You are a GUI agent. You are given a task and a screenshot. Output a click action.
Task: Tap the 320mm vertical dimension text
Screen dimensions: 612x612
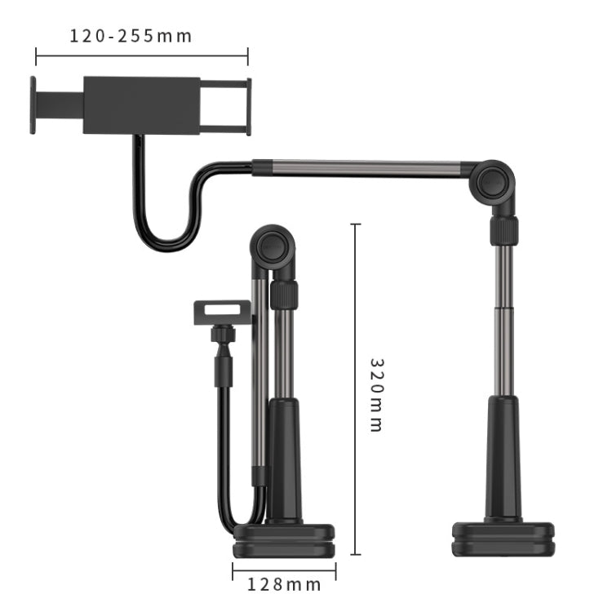[376, 394]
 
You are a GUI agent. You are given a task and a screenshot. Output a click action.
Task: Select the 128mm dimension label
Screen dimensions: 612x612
[285, 584]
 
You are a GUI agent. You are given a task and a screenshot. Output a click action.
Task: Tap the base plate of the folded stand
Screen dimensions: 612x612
[285, 541]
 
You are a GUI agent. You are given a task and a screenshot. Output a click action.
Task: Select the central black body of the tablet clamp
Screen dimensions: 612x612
[141, 105]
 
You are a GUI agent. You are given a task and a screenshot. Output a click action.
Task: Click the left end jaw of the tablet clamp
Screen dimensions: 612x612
[33, 105]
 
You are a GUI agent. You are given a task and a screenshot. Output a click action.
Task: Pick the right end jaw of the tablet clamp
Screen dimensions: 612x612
[248, 105]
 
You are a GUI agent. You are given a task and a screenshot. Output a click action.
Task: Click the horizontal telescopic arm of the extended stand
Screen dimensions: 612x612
[359, 169]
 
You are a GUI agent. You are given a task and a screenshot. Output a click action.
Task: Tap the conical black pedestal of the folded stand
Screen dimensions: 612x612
[284, 461]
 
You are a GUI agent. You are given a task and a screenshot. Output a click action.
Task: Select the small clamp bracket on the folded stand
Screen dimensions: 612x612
[221, 312]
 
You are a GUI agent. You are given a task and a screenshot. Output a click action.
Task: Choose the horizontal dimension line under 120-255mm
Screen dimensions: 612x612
[141, 56]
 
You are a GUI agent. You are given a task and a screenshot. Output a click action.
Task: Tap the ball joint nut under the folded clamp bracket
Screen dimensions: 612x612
[221, 335]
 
